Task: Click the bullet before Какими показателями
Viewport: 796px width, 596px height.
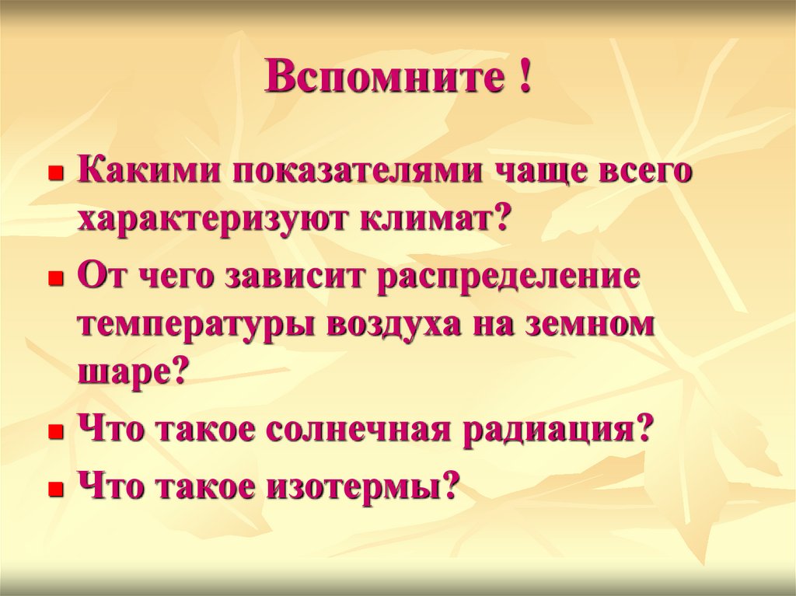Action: click(x=54, y=173)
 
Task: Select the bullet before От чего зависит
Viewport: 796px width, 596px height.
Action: click(x=54, y=278)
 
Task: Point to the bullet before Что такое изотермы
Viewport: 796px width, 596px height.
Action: click(x=54, y=490)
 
